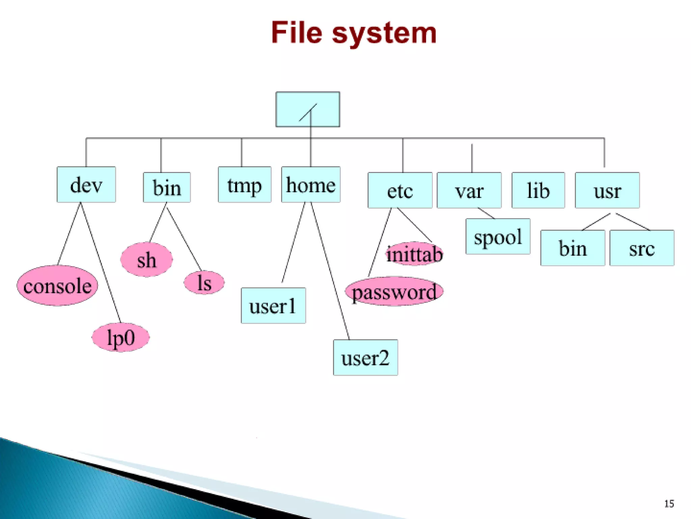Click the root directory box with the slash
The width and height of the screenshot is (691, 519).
308,109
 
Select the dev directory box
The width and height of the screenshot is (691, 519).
86,184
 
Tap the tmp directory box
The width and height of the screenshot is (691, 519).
244,184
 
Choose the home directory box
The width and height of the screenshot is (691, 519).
311,184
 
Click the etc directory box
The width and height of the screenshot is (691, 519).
400,190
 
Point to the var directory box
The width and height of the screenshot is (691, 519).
469,190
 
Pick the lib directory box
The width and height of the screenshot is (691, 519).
538,190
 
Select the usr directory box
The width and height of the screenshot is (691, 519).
607,190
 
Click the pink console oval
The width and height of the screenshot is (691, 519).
57,286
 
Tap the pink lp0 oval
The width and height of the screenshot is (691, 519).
120,337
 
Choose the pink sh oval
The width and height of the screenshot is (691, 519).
146,259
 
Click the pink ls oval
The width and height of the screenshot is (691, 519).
204,282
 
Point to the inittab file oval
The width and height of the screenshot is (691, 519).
414,254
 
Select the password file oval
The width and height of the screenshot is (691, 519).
394,291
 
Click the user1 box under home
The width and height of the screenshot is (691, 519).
273,306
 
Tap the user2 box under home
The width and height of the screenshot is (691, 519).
365,357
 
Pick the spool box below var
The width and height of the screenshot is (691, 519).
498,237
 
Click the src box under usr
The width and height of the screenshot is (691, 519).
642,248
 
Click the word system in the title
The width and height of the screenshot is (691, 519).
384,33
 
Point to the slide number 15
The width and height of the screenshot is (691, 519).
669,504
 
